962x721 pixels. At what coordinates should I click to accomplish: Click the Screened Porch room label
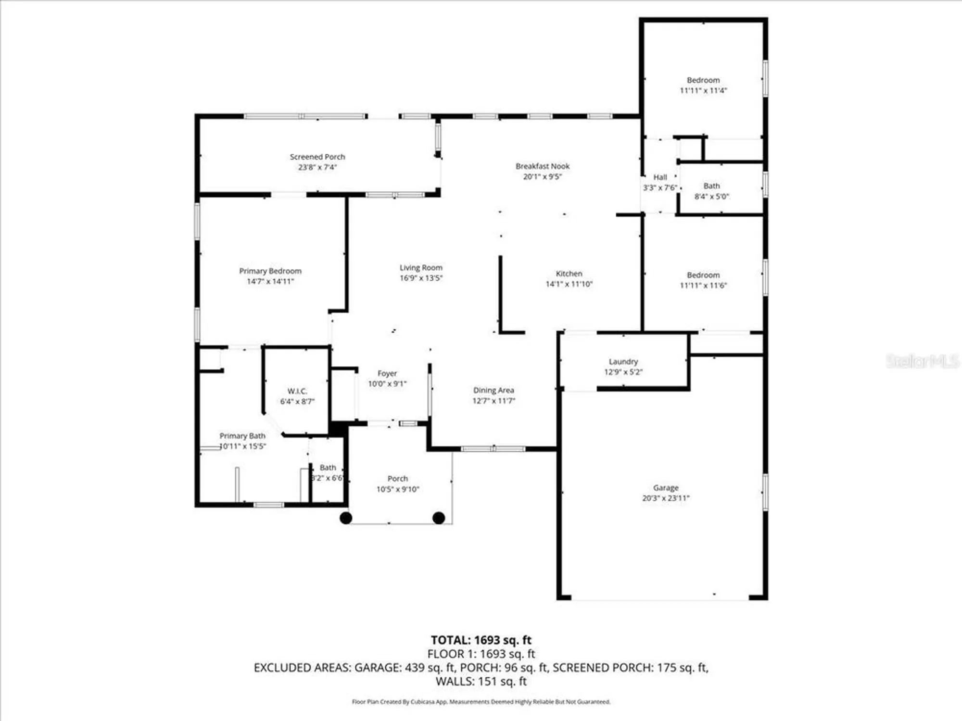click(317, 157)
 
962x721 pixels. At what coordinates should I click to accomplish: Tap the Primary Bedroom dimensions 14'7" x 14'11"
click(270, 282)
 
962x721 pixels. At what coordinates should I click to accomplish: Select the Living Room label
click(421, 268)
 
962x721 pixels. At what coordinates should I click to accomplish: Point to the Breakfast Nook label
click(542, 166)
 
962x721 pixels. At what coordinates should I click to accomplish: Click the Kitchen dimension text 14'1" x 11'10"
click(569, 284)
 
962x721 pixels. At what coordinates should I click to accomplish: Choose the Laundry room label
click(623, 361)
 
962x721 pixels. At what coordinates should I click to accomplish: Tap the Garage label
click(665, 487)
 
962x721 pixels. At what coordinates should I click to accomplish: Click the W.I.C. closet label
click(297, 391)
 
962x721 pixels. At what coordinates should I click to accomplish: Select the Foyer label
click(387, 373)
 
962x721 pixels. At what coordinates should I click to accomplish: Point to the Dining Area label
click(493, 390)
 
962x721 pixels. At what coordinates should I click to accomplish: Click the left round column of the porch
click(346, 518)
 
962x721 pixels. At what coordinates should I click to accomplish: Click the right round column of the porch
click(438, 518)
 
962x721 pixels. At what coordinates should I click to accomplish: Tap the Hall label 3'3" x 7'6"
click(660, 183)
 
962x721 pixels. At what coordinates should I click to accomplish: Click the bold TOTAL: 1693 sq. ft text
click(481, 640)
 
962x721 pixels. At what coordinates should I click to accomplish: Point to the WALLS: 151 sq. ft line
click(481, 681)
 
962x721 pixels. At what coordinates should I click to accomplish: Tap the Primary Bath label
click(242, 436)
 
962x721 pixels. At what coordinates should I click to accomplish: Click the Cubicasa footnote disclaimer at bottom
click(481, 702)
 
